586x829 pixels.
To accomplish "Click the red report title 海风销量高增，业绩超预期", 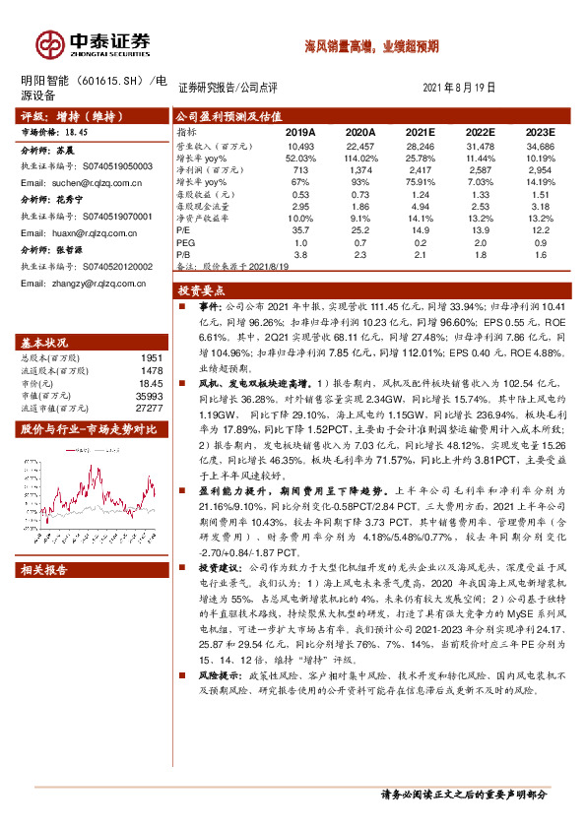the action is tap(372, 46).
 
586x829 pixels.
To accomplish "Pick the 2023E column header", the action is tap(540, 131).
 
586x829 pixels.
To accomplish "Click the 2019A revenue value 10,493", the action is tap(300, 145).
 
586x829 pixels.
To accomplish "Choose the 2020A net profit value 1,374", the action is tap(361, 170).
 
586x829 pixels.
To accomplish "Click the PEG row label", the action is tap(185, 241).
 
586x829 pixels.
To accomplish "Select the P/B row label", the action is tap(185, 254).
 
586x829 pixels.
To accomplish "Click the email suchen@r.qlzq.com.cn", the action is tap(87, 183).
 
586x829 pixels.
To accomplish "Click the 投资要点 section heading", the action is tap(201, 290).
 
